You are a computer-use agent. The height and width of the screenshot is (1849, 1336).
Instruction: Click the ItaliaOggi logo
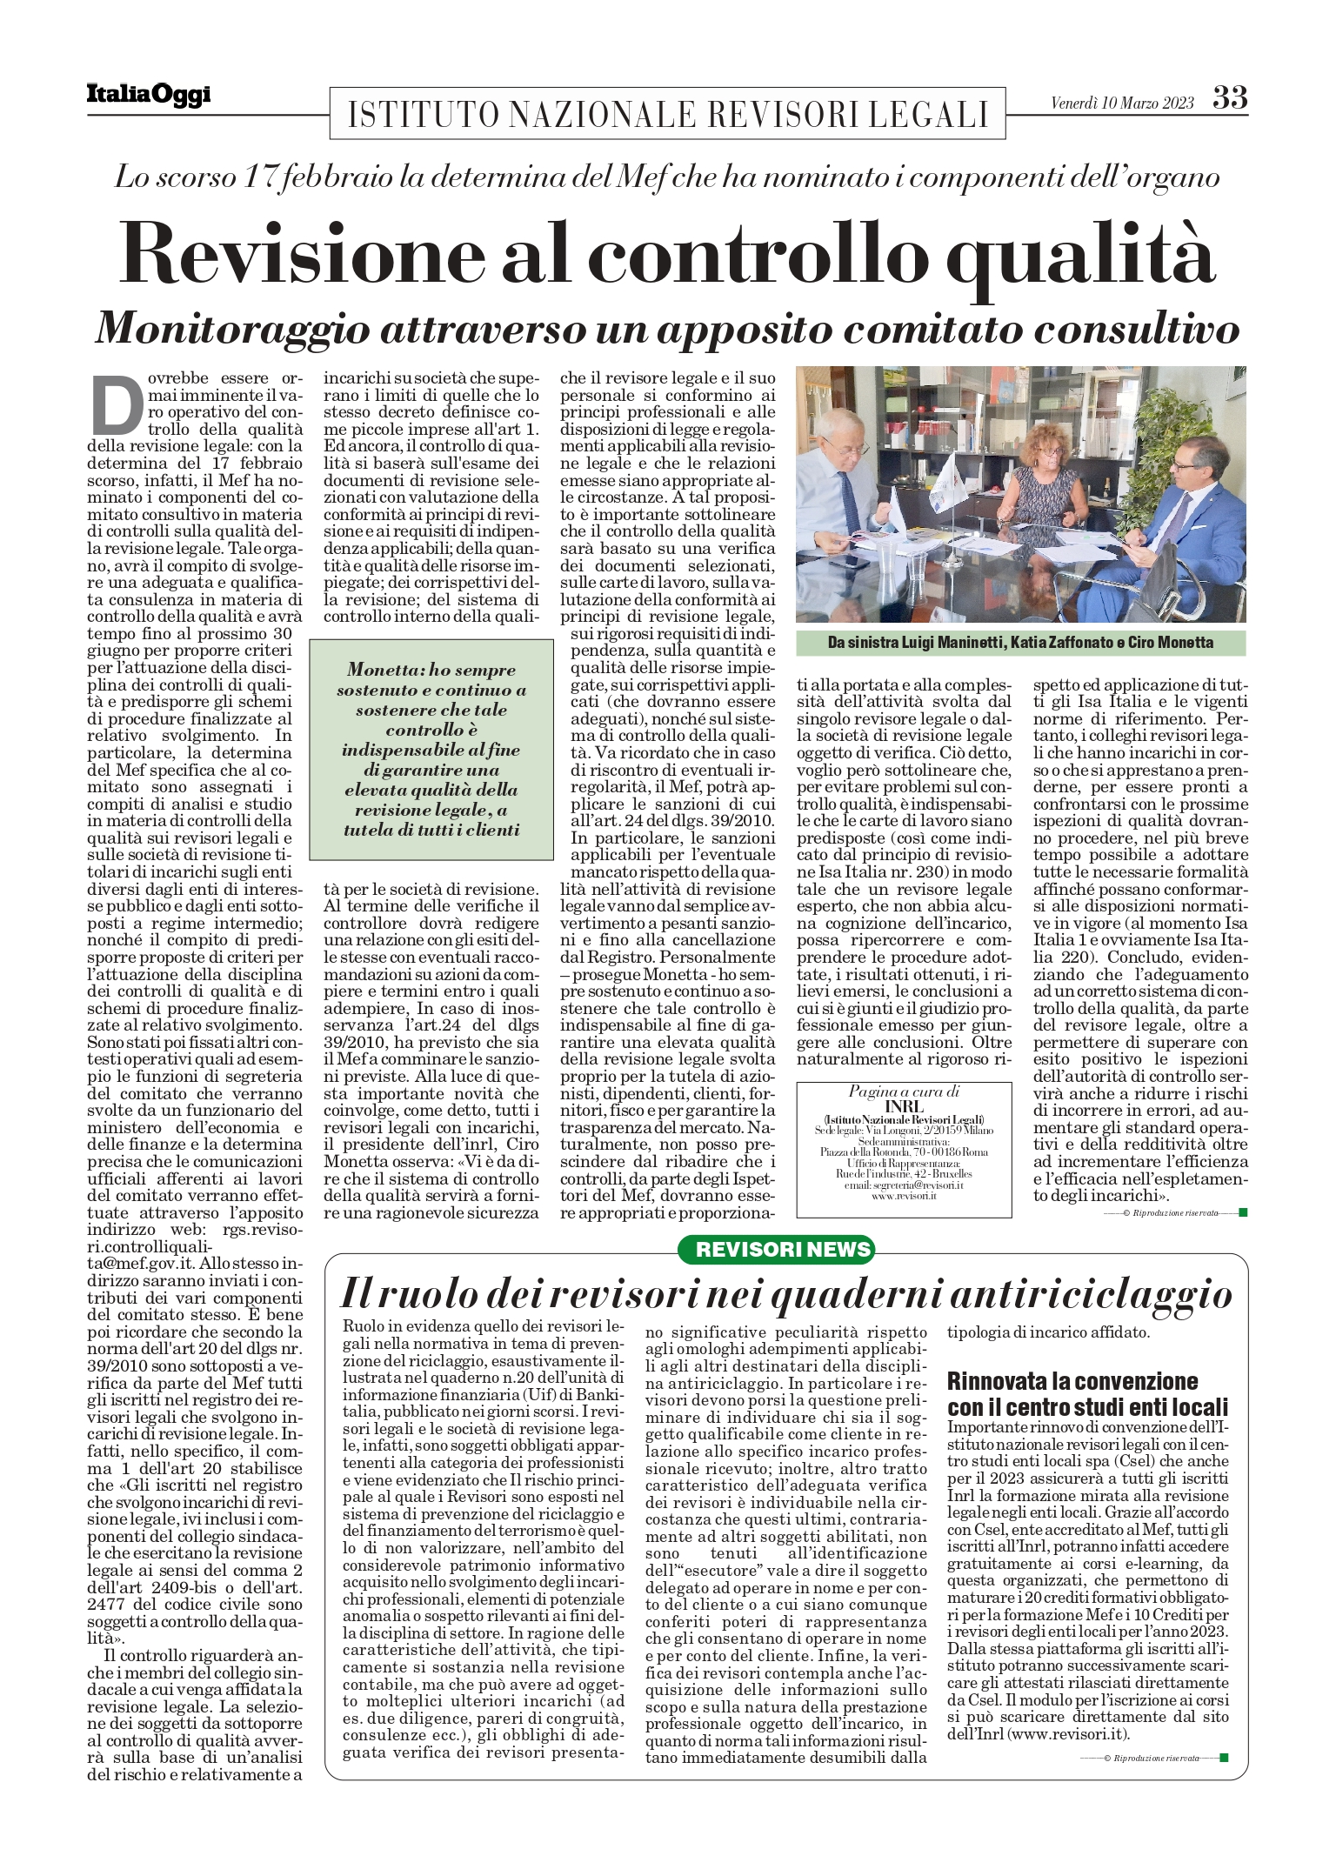pos(149,95)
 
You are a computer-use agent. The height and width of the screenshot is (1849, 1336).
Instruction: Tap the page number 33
pos(1230,97)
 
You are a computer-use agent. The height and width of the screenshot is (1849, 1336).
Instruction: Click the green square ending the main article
pos(1242,1212)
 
